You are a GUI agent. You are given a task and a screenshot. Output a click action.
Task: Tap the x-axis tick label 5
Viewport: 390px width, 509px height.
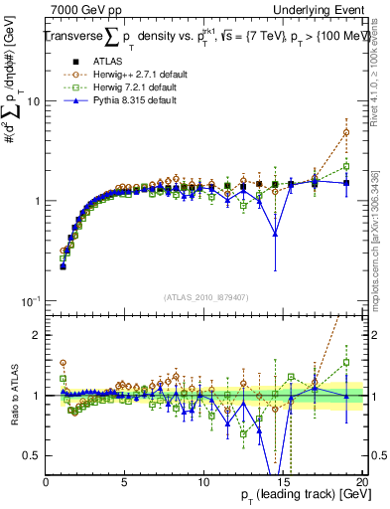pos(124,482)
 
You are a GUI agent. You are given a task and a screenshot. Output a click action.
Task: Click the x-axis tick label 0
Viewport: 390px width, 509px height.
pos(46,482)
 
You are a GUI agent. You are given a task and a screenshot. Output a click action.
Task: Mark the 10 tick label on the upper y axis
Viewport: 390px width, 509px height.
pos(33,101)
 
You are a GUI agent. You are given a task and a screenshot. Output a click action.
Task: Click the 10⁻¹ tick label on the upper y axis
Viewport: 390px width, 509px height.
pos(31,300)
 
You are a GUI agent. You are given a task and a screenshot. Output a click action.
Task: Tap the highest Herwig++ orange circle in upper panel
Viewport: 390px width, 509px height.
pos(346,132)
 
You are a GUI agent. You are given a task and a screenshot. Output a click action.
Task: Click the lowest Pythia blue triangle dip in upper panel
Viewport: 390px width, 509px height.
pos(275,234)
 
